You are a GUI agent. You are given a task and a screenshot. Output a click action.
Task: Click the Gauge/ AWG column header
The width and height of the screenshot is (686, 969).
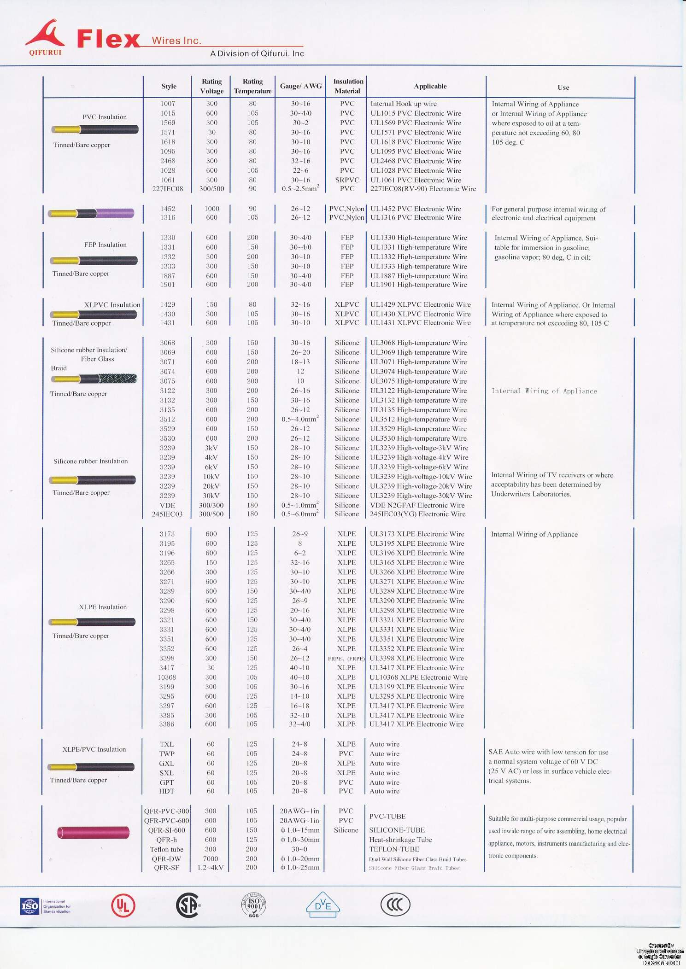click(x=300, y=86)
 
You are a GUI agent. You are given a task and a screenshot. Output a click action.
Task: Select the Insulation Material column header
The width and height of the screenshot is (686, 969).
click(x=348, y=86)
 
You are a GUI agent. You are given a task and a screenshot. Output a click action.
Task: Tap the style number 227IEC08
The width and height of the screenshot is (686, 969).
click(x=168, y=189)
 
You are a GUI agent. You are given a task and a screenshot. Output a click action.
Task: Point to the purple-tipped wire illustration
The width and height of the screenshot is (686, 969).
click(x=92, y=213)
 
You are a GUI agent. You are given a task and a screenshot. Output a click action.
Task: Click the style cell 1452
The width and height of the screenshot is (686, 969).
click(x=168, y=209)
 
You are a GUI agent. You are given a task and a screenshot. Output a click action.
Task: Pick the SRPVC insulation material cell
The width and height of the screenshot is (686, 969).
click(x=347, y=180)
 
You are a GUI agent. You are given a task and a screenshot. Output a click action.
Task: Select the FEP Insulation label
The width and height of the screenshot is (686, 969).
click(x=105, y=245)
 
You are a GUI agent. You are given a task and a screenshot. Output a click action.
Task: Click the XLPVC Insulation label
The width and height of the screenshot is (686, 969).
click(x=112, y=305)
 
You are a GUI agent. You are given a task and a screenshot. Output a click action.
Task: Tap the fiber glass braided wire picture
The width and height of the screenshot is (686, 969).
click(x=94, y=379)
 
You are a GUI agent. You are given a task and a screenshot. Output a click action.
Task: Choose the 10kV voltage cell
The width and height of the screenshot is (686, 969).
click(x=211, y=477)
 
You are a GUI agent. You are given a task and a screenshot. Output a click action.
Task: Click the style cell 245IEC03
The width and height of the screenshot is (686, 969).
click(x=167, y=514)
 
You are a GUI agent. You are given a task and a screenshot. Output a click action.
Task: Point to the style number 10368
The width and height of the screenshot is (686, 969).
click(x=167, y=677)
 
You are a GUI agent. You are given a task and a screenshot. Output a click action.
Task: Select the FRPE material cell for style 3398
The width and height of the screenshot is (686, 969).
click(x=346, y=659)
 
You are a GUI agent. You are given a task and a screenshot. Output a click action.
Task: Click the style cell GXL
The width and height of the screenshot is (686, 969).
click(x=167, y=763)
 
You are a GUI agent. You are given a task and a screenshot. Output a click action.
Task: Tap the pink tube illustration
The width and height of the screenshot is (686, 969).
click(x=94, y=833)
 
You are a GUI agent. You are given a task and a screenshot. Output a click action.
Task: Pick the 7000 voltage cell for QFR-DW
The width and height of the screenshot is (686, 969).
click(x=211, y=858)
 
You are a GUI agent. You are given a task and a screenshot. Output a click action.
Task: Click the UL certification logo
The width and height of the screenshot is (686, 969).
click(x=123, y=905)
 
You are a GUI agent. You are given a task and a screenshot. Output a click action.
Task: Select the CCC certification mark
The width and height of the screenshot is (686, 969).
click(x=395, y=905)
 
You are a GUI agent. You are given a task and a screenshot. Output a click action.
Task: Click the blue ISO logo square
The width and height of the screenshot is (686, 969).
click(x=30, y=906)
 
